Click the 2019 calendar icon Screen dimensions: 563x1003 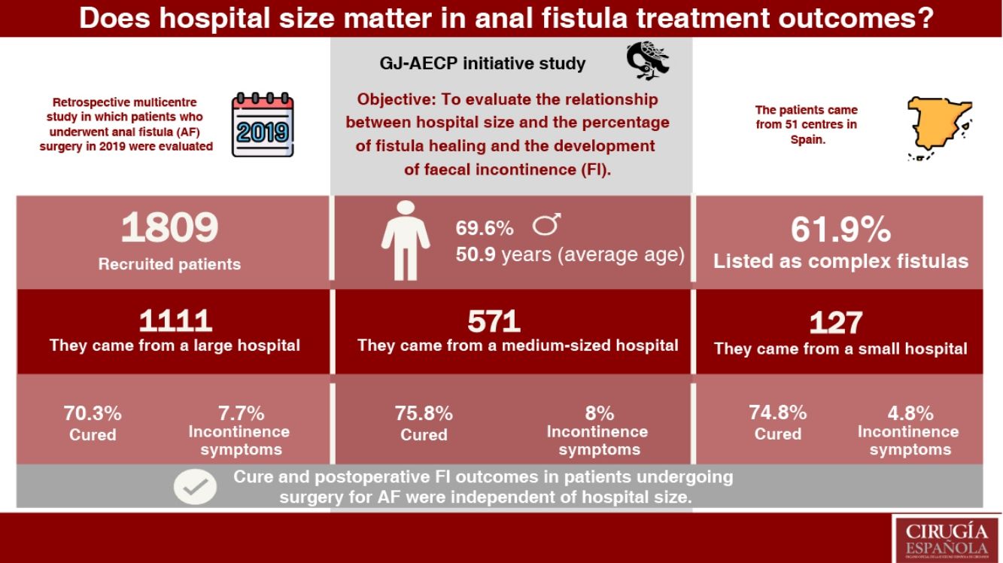tap(262, 125)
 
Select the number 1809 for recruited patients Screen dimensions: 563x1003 tap(169, 227)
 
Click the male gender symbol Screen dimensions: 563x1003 tap(547, 224)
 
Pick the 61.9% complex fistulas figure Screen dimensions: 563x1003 tap(840, 230)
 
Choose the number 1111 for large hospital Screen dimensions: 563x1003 tap(175, 321)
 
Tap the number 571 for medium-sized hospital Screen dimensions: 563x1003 tap(494, 322)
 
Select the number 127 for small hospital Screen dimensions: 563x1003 tap(835, 324)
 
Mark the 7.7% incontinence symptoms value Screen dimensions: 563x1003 tap(239, 413)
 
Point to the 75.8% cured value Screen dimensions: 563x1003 tap(424, 413)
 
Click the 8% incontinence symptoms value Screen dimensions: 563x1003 tap(599, 413)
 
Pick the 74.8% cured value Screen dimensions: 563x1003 tap(778, 412)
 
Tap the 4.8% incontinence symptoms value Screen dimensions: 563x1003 tap(908, 413)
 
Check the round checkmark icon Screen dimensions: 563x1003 tap(195, 487)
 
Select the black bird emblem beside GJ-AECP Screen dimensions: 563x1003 tap(647, 61)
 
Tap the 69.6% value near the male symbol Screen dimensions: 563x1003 tap(485, 228)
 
